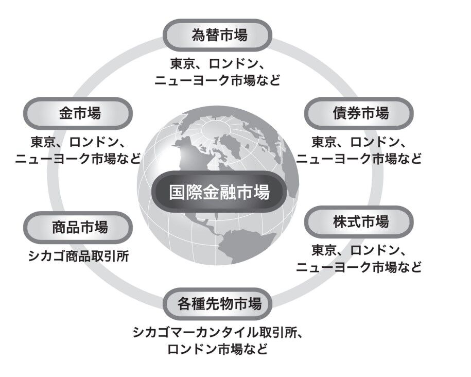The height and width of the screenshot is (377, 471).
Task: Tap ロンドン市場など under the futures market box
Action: pos(217,349)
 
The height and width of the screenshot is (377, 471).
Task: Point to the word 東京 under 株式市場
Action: pos(324,251)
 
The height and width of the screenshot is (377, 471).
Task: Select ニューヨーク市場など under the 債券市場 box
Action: pos(359,158)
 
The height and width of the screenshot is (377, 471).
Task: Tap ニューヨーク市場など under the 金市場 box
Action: pos(78,158)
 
